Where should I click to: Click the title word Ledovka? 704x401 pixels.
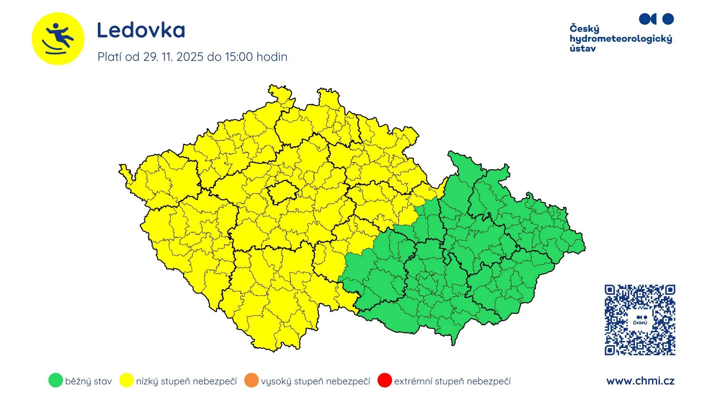(x=141, y=30)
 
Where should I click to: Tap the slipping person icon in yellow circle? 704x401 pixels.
(x=58, y=39)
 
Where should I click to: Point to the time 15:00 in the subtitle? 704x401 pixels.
(x=239, y=57)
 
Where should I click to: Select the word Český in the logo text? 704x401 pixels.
(x=584, y=29)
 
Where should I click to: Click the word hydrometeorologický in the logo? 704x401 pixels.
(x=620, y=39)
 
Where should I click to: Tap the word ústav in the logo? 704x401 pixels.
(x=583, y=48)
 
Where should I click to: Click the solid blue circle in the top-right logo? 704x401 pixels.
(x=668, y=19)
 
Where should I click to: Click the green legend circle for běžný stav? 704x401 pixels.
(x=56, y=380)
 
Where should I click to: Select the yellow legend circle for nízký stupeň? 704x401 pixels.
(x=126, y=380)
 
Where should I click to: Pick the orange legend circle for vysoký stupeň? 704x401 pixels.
(x=251, y=380)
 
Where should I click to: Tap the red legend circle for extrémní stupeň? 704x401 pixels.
(x=384, y=380)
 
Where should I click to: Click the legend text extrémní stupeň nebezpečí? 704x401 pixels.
(x=452, y=381)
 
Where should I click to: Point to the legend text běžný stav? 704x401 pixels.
(x=88, y=381)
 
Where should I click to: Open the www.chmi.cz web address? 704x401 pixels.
(x=640, y=381)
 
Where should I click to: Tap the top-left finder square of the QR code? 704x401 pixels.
(x=610, y=290)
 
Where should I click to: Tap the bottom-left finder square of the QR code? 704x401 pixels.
(x=610, y=350)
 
